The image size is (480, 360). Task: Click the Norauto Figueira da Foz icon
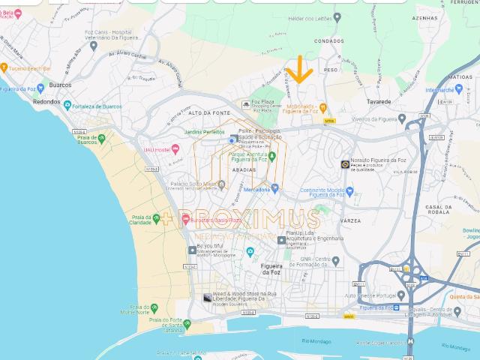345,163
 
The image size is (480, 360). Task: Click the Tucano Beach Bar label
30,67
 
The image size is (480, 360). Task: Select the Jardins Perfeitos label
204,132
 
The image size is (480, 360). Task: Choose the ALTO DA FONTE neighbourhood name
208,112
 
